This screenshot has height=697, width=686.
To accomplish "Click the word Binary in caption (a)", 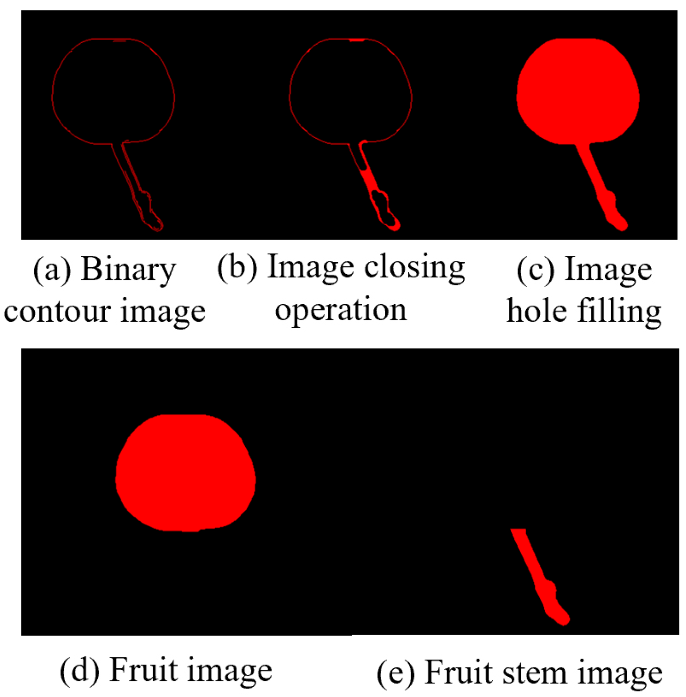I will tap(128, 270).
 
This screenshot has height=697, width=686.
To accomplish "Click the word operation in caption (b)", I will tap(341, 309).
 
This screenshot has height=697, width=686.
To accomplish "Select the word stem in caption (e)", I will tap(535, 673).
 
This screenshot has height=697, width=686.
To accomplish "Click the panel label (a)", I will tap(52, 270).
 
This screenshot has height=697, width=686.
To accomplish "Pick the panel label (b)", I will tap(237, 268).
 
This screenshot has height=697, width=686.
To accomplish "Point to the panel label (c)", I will tap(535, 270).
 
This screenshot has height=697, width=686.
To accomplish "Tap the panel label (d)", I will tap(79, 670).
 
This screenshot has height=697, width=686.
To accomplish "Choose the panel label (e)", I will tap(396, 673).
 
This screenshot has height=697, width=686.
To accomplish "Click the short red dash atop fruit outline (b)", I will tap(357, 40).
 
